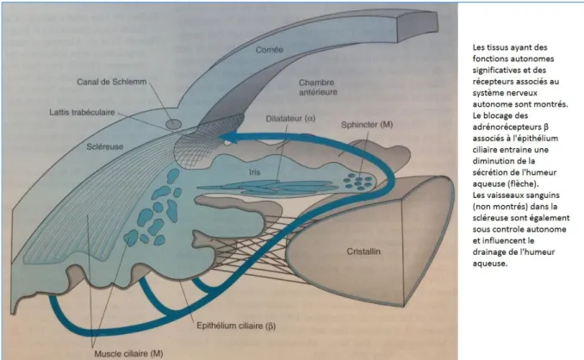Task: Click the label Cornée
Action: click(x=270, y=49)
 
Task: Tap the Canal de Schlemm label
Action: click(x=112, y=82)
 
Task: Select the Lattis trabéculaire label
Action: click(x=82, y=112)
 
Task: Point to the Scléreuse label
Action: click(x=105, y=146)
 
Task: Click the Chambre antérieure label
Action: click(x=318, y=87)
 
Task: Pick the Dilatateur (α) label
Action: click(x=290, y=118)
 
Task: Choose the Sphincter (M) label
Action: click(x=367, y=124)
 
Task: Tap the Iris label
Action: click(x=255, y=172)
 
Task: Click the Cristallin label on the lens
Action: click(x=363, y=251)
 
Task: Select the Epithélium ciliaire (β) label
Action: click(x=236, y=326)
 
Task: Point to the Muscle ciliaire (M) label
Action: click(x=128, y=353)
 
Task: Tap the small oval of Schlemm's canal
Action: click(x=173, y=124)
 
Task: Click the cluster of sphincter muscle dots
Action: click(x=358, y=181)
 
